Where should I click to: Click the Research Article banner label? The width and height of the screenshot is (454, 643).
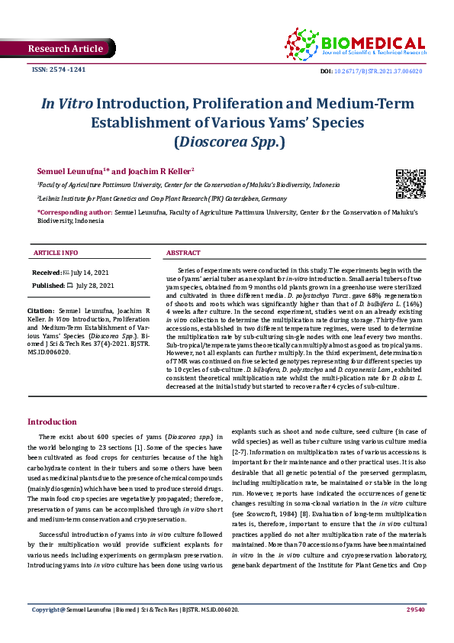coord(65,49)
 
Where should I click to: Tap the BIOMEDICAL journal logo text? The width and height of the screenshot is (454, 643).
coord(373,44)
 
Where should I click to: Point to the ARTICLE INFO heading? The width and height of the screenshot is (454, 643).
coord(55,253)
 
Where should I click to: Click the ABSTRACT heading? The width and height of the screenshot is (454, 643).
coord(184,253)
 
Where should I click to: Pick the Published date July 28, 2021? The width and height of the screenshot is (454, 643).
coord(89,285)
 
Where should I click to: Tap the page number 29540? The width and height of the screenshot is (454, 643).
coord(415,631)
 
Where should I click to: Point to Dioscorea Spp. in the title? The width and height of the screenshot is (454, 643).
coord(227,141)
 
